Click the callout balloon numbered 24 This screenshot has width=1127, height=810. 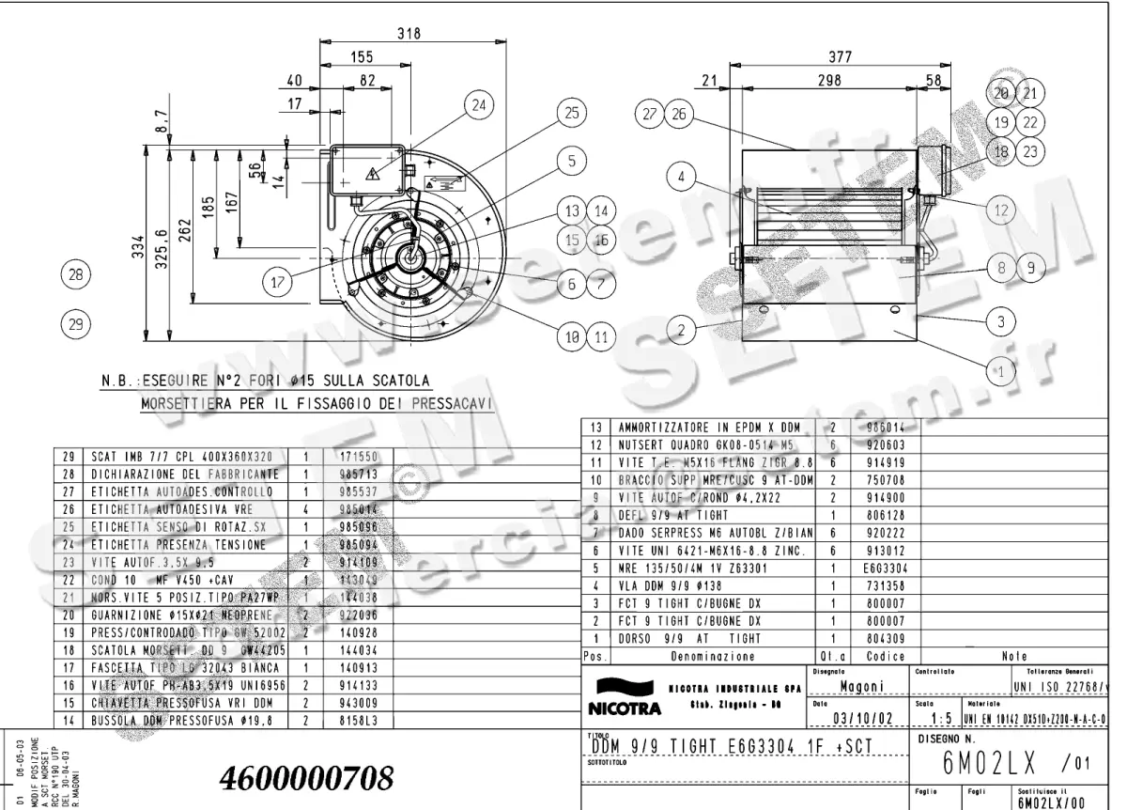point(480,105)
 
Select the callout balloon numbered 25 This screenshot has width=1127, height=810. point(569,113)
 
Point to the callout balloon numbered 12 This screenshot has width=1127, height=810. point(1001,210)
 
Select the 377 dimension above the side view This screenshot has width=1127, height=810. point(840,57)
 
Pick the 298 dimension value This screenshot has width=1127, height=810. point(828,82)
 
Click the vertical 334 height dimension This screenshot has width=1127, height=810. point(138,247)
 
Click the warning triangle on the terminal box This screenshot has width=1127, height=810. point(372,174)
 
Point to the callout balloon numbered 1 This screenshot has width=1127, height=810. point(1001,370)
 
